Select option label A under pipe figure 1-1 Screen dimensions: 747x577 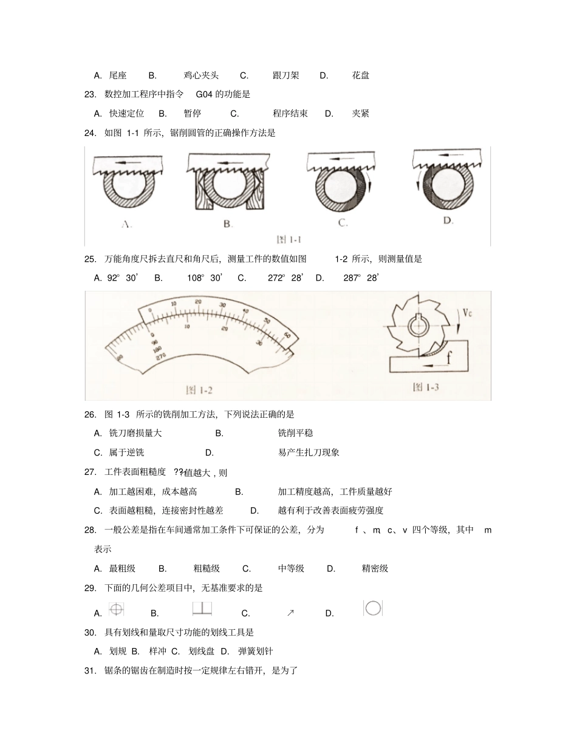coord(126,224)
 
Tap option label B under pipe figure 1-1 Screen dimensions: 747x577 coord(228,224)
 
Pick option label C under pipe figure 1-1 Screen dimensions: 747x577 coord(343,223)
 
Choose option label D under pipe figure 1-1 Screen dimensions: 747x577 coord(448,220)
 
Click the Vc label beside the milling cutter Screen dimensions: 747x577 coord(467,313)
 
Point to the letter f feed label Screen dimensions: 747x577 coord(449,358)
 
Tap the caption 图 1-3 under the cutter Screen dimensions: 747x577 coord(426,387)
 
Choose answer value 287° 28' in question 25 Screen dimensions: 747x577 coord(361,278)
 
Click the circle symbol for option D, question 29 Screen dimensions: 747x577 coord(373,609)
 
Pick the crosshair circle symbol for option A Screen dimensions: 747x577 coord(116,609)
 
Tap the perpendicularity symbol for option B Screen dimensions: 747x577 coord(201,609)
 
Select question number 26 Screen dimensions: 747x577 coord(90,414)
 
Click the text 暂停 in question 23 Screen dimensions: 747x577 coord(193,114)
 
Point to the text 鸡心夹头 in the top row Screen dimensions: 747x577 coord(201,75)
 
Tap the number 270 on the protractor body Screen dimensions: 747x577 coord(160,357)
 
